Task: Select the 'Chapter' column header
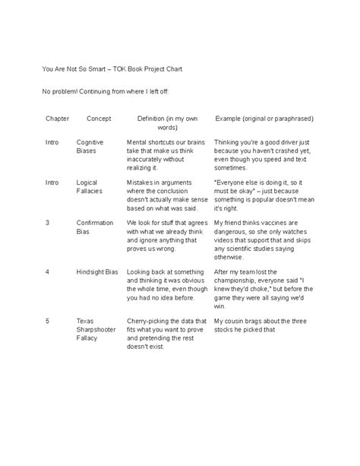click(x=57, y=119)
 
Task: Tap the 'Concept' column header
click(x=99, y=119)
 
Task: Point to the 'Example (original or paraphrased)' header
click(x=264, y=119)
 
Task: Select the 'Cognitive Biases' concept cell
click(x=90, y=147)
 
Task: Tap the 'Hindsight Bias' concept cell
click(x=99, y=271)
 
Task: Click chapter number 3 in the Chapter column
click(x=48, y=223)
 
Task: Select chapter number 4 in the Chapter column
click(x=48, y=271)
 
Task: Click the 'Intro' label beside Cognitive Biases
click(x=52, y=142)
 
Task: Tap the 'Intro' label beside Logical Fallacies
click(x=52, y=182)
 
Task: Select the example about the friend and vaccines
click(x=263, y=236)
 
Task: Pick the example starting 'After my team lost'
click(x=263, y=284)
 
